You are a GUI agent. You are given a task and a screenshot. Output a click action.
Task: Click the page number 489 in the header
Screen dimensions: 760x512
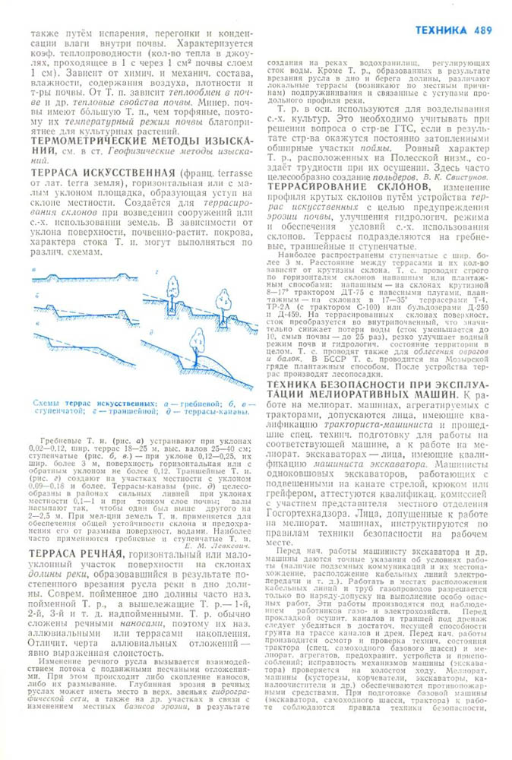[482, 30]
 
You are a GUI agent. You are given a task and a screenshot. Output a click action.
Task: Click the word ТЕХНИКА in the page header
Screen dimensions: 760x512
[442, 30]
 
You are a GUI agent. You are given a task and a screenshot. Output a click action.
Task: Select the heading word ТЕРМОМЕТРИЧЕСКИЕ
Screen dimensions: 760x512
[90, 142]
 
